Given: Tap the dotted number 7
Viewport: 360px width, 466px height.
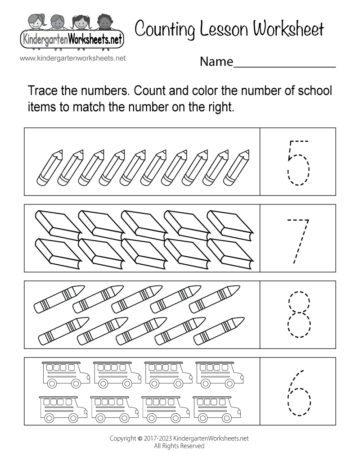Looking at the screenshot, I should tap(299, 240).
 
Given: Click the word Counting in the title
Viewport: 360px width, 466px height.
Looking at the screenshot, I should tap(164, 30).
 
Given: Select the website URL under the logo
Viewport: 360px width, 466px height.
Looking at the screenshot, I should tap(72, 58).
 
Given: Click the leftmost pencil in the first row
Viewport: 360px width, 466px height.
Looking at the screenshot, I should tap(48, 167).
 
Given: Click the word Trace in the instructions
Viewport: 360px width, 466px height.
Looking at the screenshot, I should tap(43, 91).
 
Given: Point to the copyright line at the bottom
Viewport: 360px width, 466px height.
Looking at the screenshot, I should tap(180, 438).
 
